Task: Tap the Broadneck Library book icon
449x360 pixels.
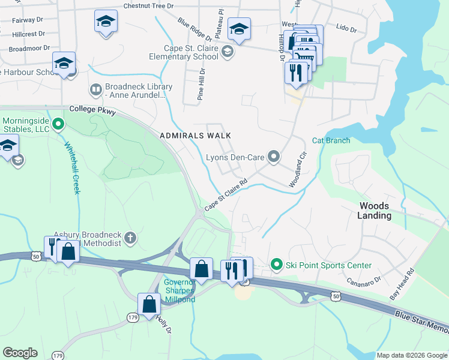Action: click(96, 90)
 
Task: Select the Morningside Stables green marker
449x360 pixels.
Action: click(58, 124)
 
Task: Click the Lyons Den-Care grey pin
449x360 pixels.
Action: click(274, 157)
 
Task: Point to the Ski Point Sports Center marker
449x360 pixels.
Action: click(276, 265)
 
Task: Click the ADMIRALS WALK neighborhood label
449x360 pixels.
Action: click(195, 136)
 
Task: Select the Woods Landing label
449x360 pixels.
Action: click(375, 211)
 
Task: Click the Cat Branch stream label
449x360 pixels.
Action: click(331, 140)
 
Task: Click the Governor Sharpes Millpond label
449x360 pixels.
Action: click(179, 290)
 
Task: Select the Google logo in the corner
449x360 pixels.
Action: click(20, 353)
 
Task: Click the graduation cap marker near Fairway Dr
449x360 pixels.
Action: click(106, 22)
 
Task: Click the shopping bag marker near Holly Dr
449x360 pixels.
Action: click(149, 304)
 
